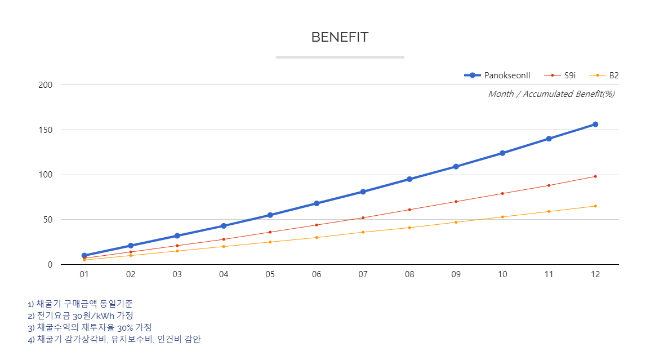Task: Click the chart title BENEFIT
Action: tap(340, 37)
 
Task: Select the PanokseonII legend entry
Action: tap(497, 75)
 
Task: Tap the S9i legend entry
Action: tap(560, 75)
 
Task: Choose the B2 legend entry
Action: tap(604, 75)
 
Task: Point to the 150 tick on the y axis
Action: tap(46, 130)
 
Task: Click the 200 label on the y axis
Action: tap(46, 85)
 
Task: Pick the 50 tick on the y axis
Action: tap(48, 220)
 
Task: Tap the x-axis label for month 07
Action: tap(363, 274)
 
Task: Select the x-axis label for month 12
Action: tap(595, 274)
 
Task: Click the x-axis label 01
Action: tap(84, 274)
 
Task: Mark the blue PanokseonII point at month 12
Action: tap(595, 125)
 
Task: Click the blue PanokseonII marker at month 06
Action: tap(317, 203)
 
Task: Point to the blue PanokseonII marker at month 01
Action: tap(84, 256)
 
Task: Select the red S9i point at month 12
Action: tap(595, 176)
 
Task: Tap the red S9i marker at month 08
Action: tap(409, 210)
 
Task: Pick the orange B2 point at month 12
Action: tap(595, 206)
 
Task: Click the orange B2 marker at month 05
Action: tap(270, 242)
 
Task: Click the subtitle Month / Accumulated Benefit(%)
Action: tap(551, 94)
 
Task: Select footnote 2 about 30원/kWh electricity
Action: tap(80, 315)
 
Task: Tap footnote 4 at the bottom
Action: tap(114, 340)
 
